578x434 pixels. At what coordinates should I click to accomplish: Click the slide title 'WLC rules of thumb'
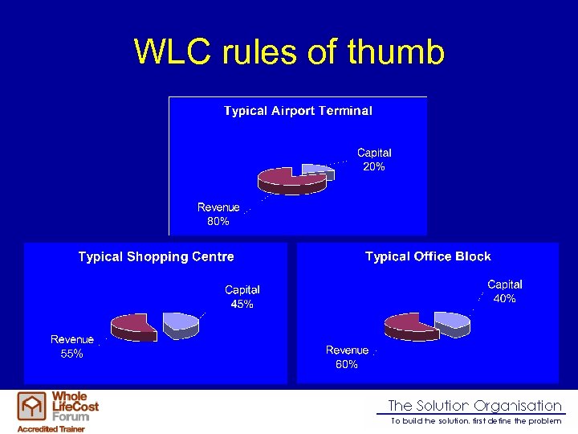289,51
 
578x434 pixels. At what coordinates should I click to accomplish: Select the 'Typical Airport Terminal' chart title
298,111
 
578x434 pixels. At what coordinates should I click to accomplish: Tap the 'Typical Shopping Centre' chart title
157,257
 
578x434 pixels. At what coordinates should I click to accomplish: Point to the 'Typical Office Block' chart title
428,256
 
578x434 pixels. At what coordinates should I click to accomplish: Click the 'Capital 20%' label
374,159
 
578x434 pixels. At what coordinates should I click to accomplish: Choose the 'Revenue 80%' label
218,214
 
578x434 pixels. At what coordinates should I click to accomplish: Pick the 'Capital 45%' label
242,297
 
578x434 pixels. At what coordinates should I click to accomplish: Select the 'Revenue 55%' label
72,346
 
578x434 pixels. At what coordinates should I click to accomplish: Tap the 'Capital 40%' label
504,291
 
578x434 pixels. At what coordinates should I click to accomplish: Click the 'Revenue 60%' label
347,357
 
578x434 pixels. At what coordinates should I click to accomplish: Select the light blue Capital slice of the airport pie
318,169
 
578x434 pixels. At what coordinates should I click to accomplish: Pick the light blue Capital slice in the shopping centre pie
180,322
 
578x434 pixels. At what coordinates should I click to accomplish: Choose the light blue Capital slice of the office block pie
453,321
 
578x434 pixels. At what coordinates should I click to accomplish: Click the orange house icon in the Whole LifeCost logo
33,407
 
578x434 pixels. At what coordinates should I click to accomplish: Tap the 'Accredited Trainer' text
51,429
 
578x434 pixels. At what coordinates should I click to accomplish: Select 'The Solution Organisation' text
474,406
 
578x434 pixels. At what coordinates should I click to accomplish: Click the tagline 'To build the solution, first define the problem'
475,421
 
